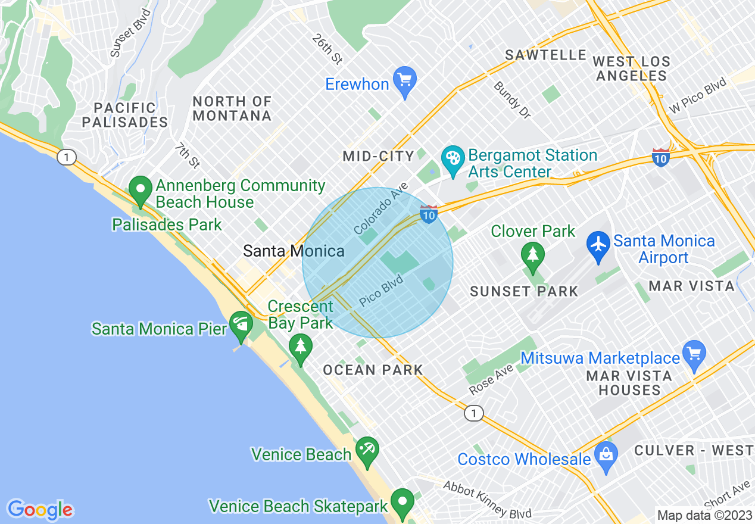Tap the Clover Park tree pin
532,255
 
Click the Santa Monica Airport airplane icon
598,244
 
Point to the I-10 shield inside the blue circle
429,214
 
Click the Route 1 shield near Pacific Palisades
67,157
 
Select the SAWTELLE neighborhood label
546,55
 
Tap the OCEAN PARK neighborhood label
373,370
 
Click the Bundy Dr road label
511,99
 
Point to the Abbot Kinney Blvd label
487,500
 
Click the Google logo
40,510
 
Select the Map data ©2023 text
704,514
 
